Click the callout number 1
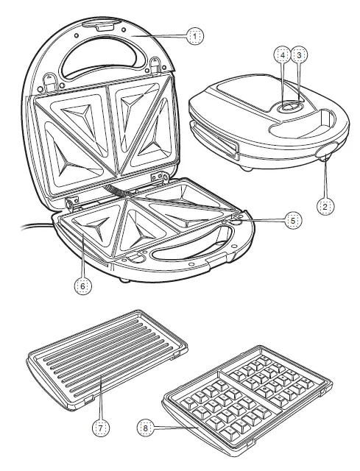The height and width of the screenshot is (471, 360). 194,34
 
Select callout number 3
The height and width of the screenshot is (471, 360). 299,55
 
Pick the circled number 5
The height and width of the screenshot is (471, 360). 293,219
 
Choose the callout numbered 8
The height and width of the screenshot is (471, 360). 147,426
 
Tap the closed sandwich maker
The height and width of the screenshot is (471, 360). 265,118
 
